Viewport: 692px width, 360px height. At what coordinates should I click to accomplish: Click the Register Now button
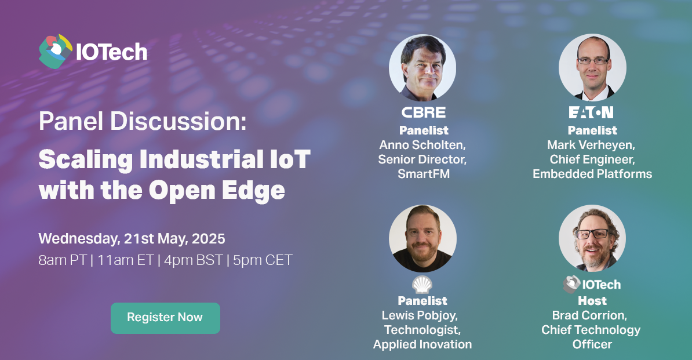point(165,318)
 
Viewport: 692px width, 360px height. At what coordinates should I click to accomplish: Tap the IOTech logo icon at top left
point(55,52)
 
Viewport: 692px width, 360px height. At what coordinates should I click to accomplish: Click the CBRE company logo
point(423,112)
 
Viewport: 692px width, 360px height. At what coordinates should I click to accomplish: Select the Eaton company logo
point(591,112)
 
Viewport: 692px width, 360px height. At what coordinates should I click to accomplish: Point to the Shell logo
point(423,285)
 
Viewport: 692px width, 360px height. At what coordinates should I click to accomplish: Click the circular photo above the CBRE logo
point(423,68)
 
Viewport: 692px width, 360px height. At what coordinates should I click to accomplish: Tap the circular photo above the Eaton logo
point(592,68)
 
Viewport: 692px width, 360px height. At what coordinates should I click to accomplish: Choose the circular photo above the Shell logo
point(423,238)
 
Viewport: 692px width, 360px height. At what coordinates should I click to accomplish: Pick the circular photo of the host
point(592,238)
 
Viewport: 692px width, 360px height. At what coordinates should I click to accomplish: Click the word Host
point(592,301)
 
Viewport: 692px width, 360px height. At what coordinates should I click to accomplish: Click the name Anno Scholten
point(423,145)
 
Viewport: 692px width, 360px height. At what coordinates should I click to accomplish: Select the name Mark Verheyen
point(591,145)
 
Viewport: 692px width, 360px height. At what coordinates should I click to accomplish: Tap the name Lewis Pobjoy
point(420,315)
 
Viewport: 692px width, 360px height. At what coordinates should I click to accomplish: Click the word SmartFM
point(424,174)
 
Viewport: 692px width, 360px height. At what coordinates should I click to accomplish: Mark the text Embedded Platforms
point(592,174)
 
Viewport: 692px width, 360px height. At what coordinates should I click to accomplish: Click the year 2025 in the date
point(208,239)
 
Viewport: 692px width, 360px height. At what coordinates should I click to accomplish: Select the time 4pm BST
point(194,260)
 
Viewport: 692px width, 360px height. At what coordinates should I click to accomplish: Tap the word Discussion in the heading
point(178,121)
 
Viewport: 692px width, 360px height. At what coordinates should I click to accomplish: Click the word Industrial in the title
point(202,159)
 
